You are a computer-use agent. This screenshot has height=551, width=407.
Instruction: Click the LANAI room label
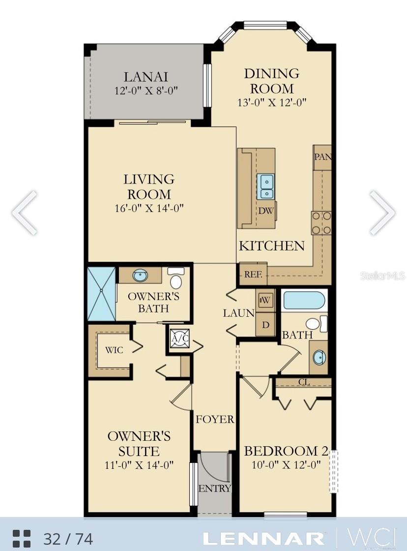pyautogui.click(x=145, y=77)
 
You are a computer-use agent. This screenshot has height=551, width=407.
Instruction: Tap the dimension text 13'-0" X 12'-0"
pyautogui.click(x=272, y=102)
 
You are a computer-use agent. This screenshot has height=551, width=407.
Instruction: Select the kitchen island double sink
pyautogui.click(x=266, y=186)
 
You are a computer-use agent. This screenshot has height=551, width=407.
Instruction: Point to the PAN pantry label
pyautogui.click(x=322, y=157)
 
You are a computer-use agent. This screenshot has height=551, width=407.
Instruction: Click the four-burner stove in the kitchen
pyautogui.click(x=321, y=223)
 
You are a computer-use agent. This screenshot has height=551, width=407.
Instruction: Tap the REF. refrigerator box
pyautogui.click(x=253, y=275)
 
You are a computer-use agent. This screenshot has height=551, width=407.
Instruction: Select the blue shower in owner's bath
pyautogui.click(x=101, y=294)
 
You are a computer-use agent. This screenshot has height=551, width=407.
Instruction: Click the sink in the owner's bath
pyautogui.click(x=140, y=275)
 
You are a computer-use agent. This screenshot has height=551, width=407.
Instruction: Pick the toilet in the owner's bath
pyautogui.click(x=176, y=278)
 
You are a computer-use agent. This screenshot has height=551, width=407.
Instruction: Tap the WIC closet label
pyautogui.click(x=114, y=350)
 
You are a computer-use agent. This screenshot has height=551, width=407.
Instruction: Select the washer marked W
pyautogui.click(x=265, y=300)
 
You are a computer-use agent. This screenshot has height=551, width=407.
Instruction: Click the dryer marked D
pyautogui.click(x=265, y=325)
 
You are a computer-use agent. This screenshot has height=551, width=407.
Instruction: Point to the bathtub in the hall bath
pyautogui.click(x=304, y=300)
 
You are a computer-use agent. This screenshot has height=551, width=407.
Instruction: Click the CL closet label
pyautogui.click(x=304, y=382)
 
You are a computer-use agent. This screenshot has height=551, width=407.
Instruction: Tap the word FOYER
pyautogui.click(x=215, y=419)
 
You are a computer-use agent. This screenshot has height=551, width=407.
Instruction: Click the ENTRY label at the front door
pyautogui.click(x=215, y=489)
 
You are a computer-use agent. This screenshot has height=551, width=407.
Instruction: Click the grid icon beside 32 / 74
pyautogui.click(x=22, y=538)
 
